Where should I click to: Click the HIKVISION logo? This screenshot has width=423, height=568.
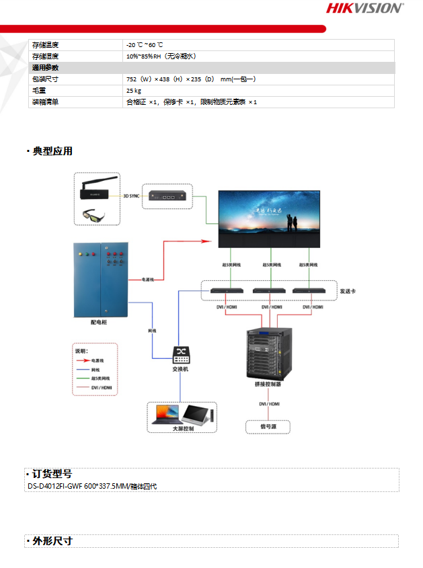[364, 8]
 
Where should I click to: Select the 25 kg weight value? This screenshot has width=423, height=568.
[133, 90]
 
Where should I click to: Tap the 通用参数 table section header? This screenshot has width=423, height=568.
[46, 68]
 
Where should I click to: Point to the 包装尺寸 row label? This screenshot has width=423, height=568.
[46, 79]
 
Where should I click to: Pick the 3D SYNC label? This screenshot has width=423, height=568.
[132, 197]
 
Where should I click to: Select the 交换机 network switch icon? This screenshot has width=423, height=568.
[180, 354]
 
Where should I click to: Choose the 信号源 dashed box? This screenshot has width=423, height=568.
[268, 426]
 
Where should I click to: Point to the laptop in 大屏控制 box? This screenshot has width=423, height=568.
[165, 413]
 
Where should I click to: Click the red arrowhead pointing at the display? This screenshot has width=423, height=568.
[212, 240]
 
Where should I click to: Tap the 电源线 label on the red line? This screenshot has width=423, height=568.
[147, 279]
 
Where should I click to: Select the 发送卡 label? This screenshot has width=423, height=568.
[347, 291]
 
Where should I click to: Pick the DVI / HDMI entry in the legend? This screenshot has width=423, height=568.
[100, 388]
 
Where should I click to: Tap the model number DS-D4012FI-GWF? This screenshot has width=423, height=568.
[53, 485]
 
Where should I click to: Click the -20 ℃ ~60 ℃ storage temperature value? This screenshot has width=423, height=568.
[145, 44]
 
